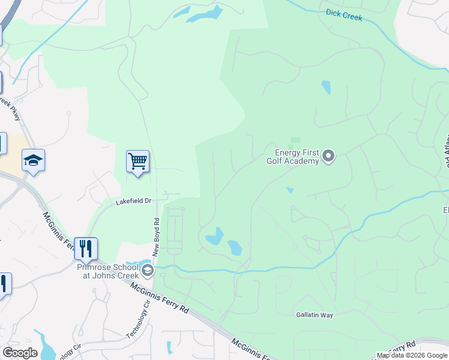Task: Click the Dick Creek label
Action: coord(344,14)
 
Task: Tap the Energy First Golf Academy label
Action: coord(292,157)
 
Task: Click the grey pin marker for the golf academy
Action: coord(328,157)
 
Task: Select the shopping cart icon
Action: coord(138,161)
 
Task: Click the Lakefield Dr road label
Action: coord(133,202)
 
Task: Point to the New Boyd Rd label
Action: coord(155,236)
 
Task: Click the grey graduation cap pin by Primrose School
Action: coord(148,271)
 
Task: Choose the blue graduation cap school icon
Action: coord(34,160)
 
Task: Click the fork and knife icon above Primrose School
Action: coord(86,248)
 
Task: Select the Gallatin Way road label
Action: coord(314,314)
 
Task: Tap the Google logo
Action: coord(20,353)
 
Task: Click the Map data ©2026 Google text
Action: coord(412,355)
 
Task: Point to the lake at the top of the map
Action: coord(204,14)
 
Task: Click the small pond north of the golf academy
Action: coord(326,88)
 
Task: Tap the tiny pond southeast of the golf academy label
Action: coord(291,191)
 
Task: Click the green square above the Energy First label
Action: coord(295,140)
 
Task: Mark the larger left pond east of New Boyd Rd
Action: coord(215,237)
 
